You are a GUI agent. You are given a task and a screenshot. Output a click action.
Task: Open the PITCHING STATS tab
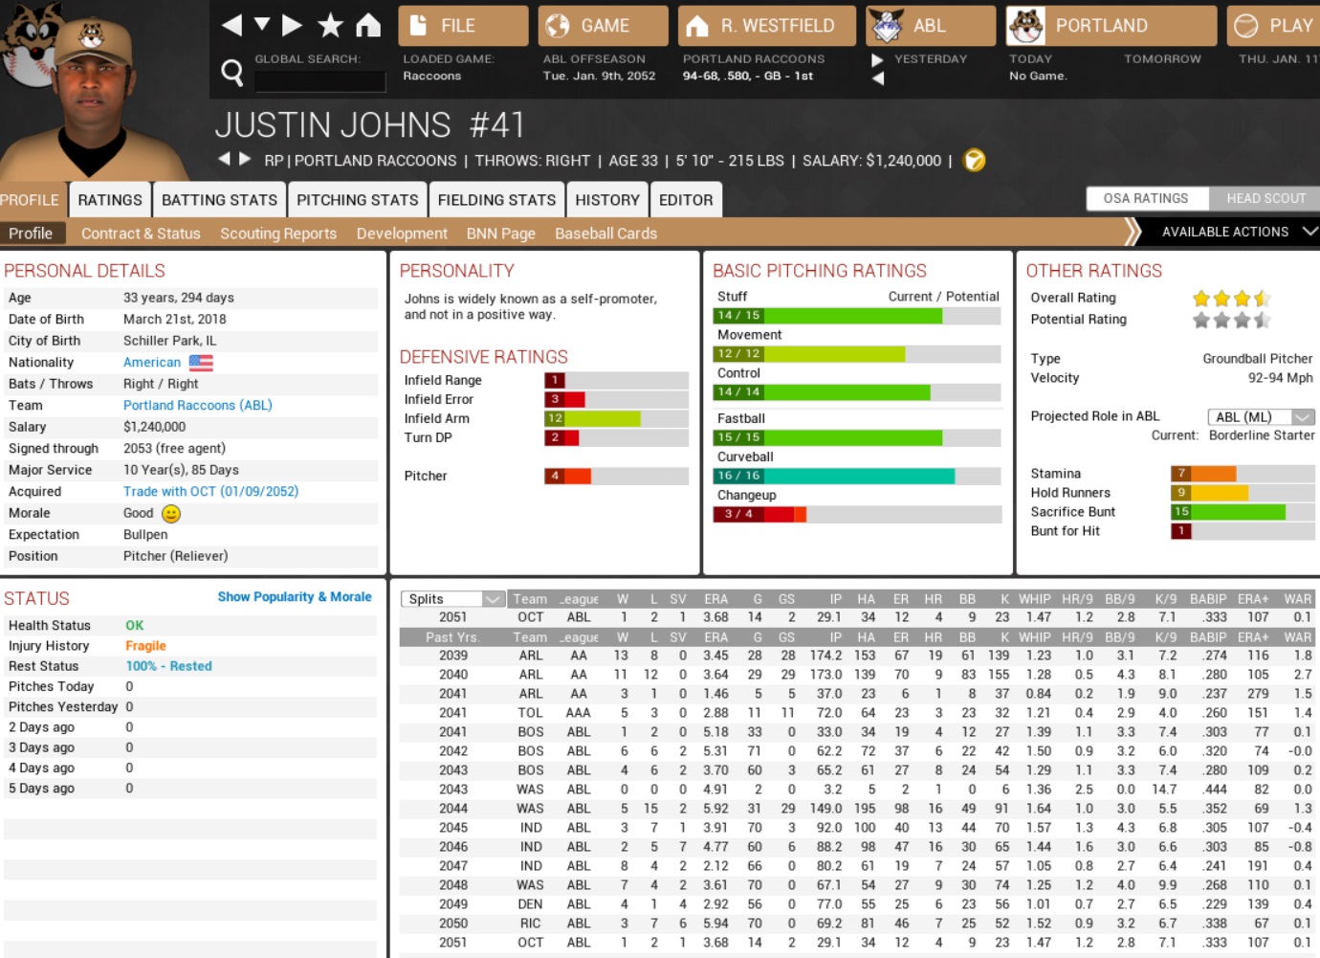click(357, 200)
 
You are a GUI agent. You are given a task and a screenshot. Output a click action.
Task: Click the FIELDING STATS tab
click(496, 200)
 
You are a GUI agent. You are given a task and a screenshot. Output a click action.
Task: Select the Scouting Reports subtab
click(278, 234)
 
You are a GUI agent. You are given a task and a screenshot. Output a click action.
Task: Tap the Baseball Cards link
click(605, 234)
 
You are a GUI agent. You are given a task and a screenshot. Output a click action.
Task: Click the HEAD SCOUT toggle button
click(1265, 198)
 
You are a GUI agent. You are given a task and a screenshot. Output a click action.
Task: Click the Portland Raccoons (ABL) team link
click(197, 406)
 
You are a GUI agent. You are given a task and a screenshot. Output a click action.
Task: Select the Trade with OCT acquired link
click(210, 492)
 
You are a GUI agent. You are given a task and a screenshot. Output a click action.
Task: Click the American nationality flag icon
click(201, 363)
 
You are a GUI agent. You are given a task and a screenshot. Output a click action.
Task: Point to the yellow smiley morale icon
click(171, 514)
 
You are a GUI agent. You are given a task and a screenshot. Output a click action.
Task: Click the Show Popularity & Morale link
click(294, 597)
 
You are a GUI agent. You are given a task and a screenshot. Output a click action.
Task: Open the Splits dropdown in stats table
click(452, 599)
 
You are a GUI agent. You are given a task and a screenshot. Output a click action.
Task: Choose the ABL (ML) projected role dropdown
click(1261, 417)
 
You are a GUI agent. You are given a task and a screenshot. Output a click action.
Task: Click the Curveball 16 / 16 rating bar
click(833, 476)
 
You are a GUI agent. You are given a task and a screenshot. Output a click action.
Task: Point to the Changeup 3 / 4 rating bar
click(760, 514)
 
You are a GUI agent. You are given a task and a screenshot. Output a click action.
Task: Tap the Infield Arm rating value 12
click(555, 418)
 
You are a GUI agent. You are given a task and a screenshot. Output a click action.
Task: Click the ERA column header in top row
click(715, 599)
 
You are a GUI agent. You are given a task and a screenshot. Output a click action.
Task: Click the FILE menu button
click(463, 26)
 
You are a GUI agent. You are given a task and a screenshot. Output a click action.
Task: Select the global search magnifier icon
click(231, 73)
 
